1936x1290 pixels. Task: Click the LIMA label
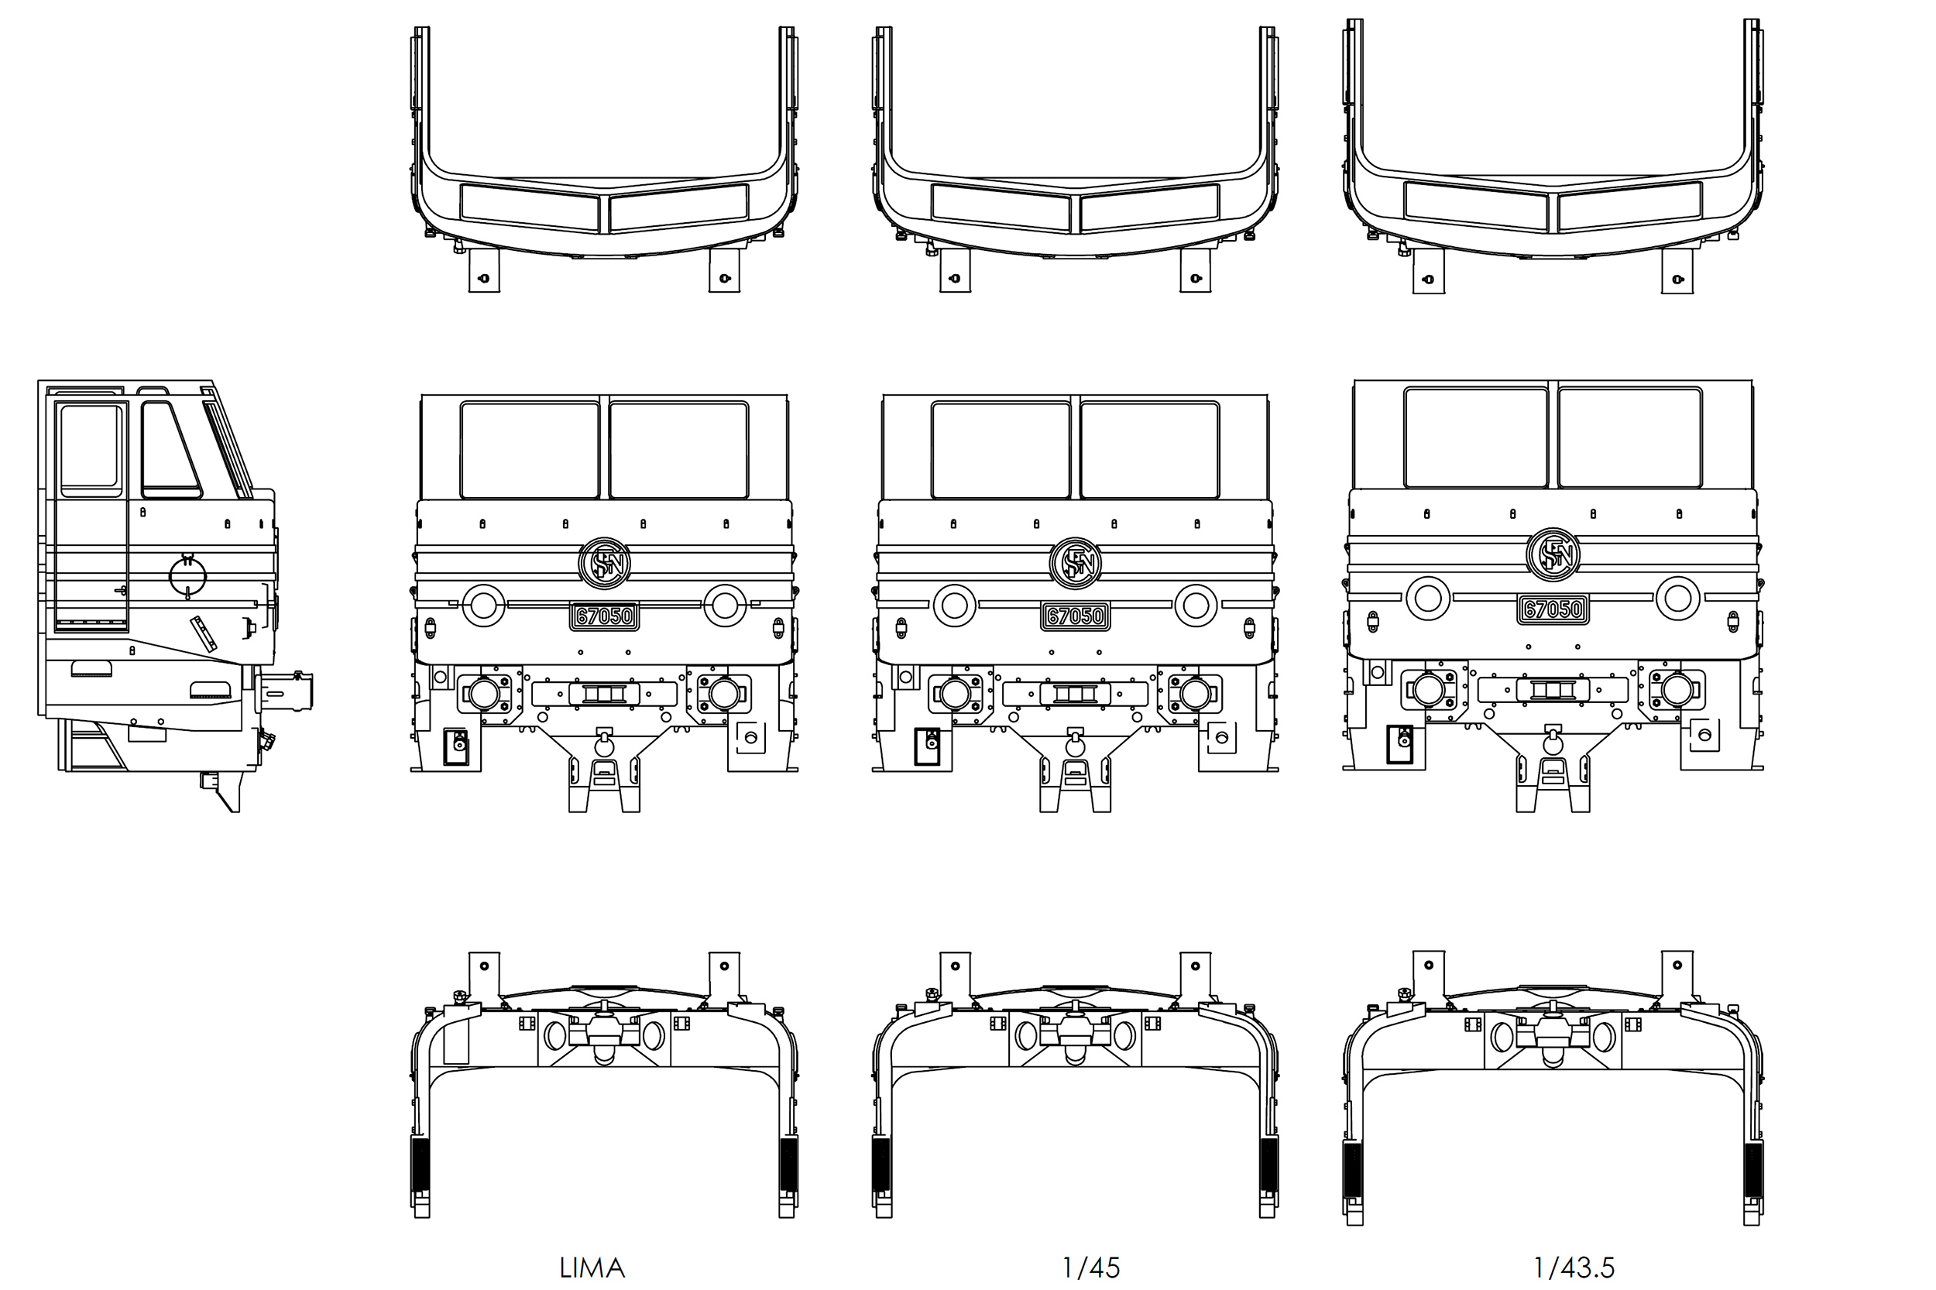tap(592, 1268)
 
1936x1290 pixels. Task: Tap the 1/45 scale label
tap(1091, 1268)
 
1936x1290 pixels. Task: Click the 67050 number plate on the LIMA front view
tap(604, 616)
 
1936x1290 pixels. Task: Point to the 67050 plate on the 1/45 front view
tap(1076, 616)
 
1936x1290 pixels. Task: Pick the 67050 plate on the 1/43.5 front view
tap(1553, 609)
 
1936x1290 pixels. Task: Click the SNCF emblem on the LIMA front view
tap(604, 564)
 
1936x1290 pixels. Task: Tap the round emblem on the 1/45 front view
tap(1076, 564)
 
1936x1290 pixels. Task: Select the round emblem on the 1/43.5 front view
tap(1553, 554)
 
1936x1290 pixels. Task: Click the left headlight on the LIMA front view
tap(484, 605)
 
